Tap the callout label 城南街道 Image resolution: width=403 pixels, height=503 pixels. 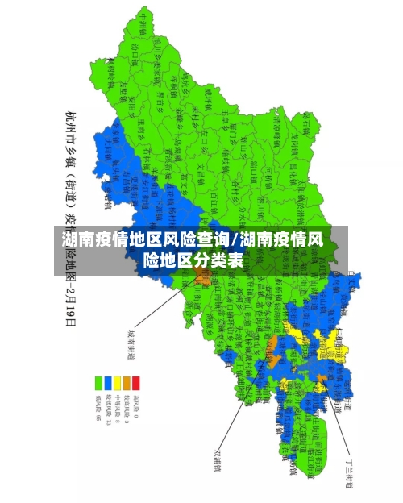[x=130, y=343]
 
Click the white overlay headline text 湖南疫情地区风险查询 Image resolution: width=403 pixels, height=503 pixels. [x=145, y=239]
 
